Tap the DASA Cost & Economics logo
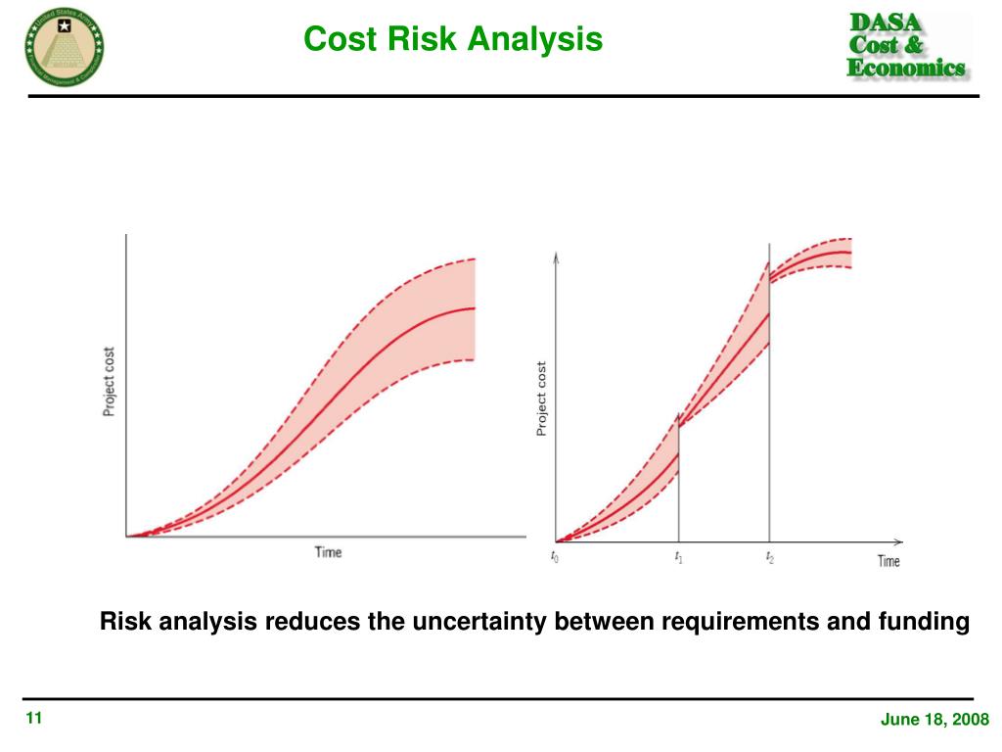[x=905, y=45]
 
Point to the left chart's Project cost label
[x=109, y=382]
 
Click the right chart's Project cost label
[x=541, y=399]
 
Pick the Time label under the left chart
[x=328, y=552]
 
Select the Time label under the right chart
[x=888, y=561]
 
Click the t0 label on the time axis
[x=555, y=557]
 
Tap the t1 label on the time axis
[x=678, y=557]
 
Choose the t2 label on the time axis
[x=769, y=557]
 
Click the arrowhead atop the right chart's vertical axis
[x=556, y=257]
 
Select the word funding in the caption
[x=926, y=622]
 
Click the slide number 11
[x=33, y=720]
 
